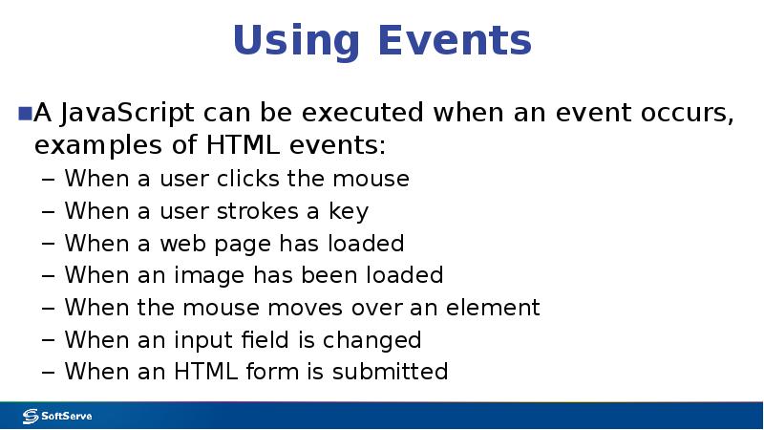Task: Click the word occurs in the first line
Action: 686,115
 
